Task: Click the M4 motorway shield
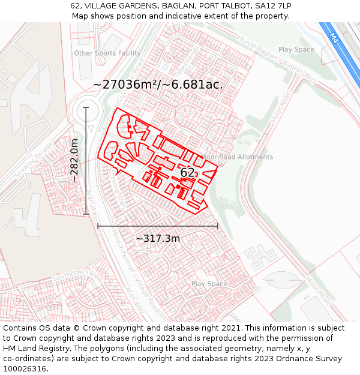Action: [334, 37]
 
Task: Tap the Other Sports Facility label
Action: [107, 53]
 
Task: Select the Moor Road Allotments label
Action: [236, 157]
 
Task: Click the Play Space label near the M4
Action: [296, 50]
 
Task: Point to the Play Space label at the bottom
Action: [209, 284]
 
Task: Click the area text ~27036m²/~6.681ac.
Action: [158, 85]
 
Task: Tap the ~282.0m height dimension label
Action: [74, 160]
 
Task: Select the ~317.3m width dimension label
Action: [157, 238]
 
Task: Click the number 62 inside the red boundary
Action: [187, 173]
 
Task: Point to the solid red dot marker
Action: [178, 187]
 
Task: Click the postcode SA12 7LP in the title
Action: [273, 6]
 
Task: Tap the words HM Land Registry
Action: [34, 348]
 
